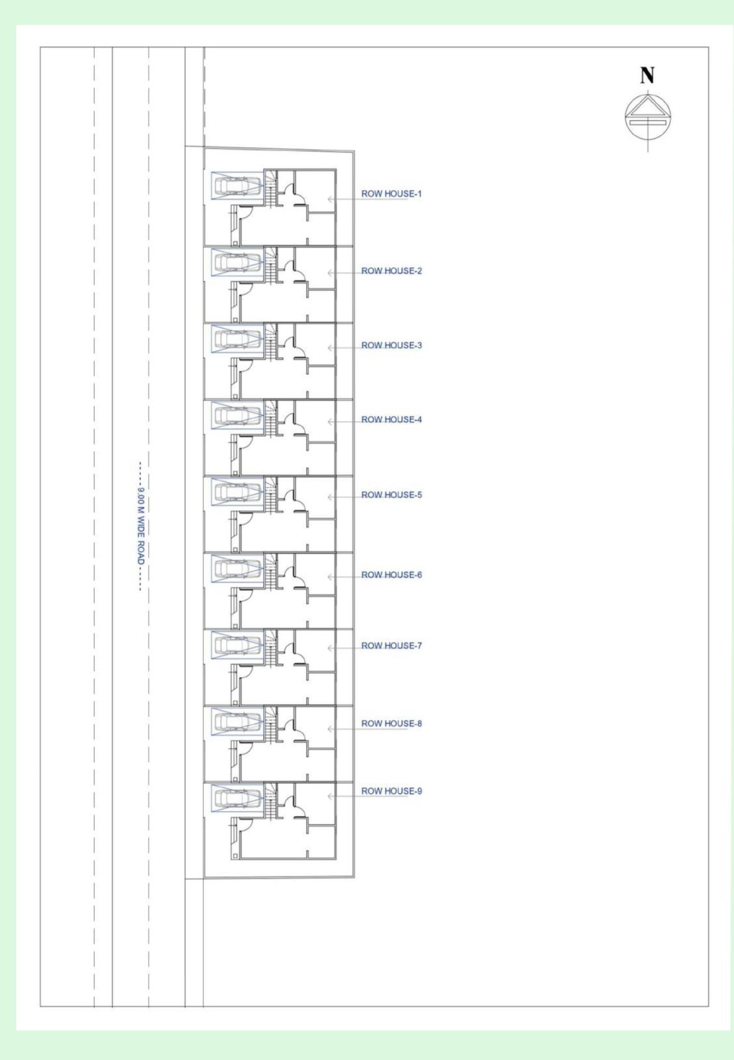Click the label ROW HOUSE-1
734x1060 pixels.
(391, 193)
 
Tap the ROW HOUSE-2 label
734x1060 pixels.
(391, 271)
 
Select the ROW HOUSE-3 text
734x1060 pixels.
(391, 345)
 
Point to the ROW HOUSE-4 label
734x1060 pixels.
(391, 419)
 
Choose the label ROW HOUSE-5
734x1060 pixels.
(391, 495)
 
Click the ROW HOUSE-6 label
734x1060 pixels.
(391, 574)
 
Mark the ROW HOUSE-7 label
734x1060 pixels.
(391, 645)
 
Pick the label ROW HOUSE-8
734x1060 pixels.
(391, 723)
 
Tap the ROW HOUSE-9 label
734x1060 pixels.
(391, 791)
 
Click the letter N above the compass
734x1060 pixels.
(647, 76)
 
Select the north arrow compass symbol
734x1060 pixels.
(647, 117)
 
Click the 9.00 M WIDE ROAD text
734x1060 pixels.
(140, 526)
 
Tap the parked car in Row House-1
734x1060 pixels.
(236, 185)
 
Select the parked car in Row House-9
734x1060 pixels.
(236, 798)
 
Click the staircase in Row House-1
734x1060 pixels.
(270, 189)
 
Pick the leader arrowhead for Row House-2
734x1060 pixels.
(330, 273)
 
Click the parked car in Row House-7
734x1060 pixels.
(236, 645)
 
